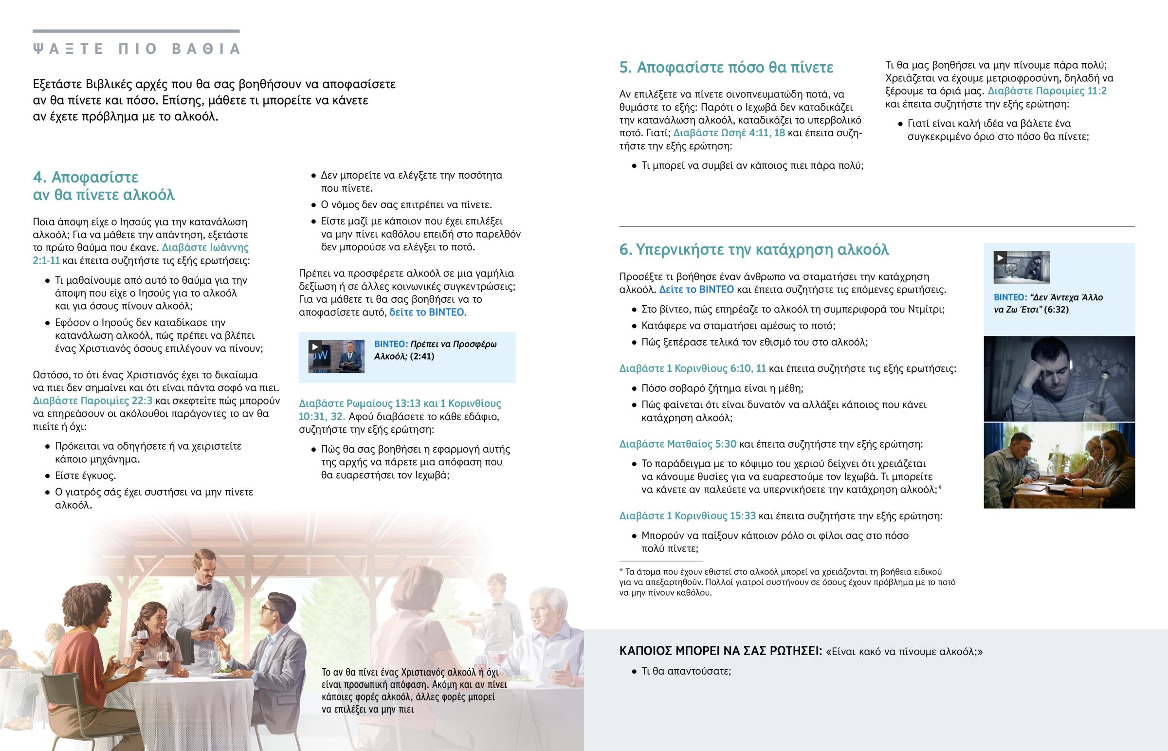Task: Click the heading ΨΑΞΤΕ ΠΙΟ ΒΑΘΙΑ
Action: [136, 49]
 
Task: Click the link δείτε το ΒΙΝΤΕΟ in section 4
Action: [427, 312]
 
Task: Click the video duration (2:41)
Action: [421, 356]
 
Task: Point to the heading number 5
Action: [625, 67]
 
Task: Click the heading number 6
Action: [625, 250]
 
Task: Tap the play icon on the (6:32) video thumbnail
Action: [1000, 257]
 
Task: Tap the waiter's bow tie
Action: [204, 587]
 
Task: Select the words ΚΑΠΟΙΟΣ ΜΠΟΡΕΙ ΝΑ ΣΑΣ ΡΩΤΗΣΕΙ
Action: [720, 652]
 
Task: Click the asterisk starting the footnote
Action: [621, 571]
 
